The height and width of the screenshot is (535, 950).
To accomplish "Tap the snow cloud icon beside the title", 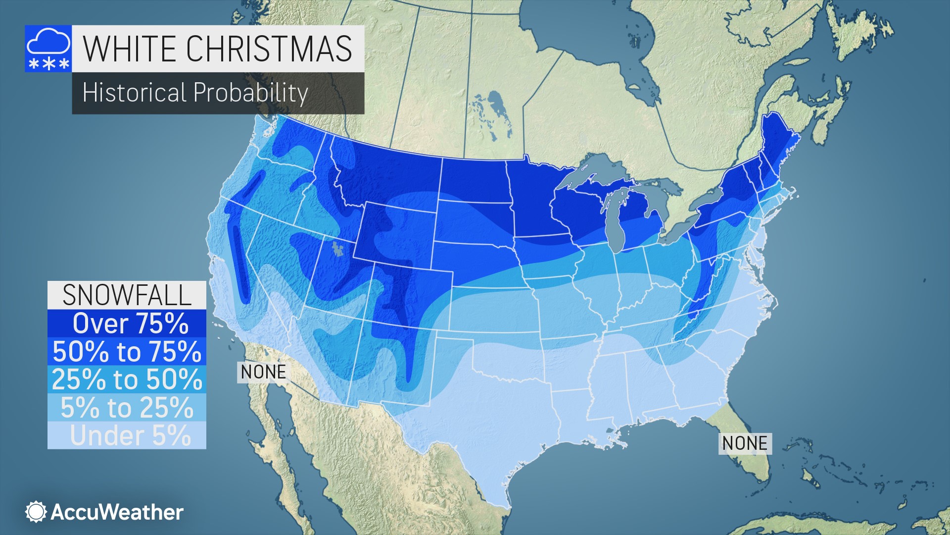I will point(48,49).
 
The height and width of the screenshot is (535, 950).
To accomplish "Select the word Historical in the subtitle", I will point(134,93).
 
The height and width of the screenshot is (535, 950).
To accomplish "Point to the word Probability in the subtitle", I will point(250,93).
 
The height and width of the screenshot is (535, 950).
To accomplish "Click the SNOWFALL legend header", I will point(127,295).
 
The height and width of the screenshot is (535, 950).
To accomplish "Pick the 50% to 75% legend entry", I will point(127,352).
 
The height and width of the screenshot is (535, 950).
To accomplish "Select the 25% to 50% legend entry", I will point(127,379).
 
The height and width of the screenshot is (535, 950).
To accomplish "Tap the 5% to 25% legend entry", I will point(127,408).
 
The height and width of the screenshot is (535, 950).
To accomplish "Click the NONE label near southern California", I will point(263,372).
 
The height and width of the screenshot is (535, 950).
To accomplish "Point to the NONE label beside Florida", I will point(745,443).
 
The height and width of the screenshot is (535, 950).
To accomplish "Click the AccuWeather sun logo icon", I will point(36,512).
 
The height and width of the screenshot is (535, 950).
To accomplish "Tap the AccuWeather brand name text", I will point(117,512).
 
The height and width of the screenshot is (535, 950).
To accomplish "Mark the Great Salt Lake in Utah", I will point(337,249).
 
